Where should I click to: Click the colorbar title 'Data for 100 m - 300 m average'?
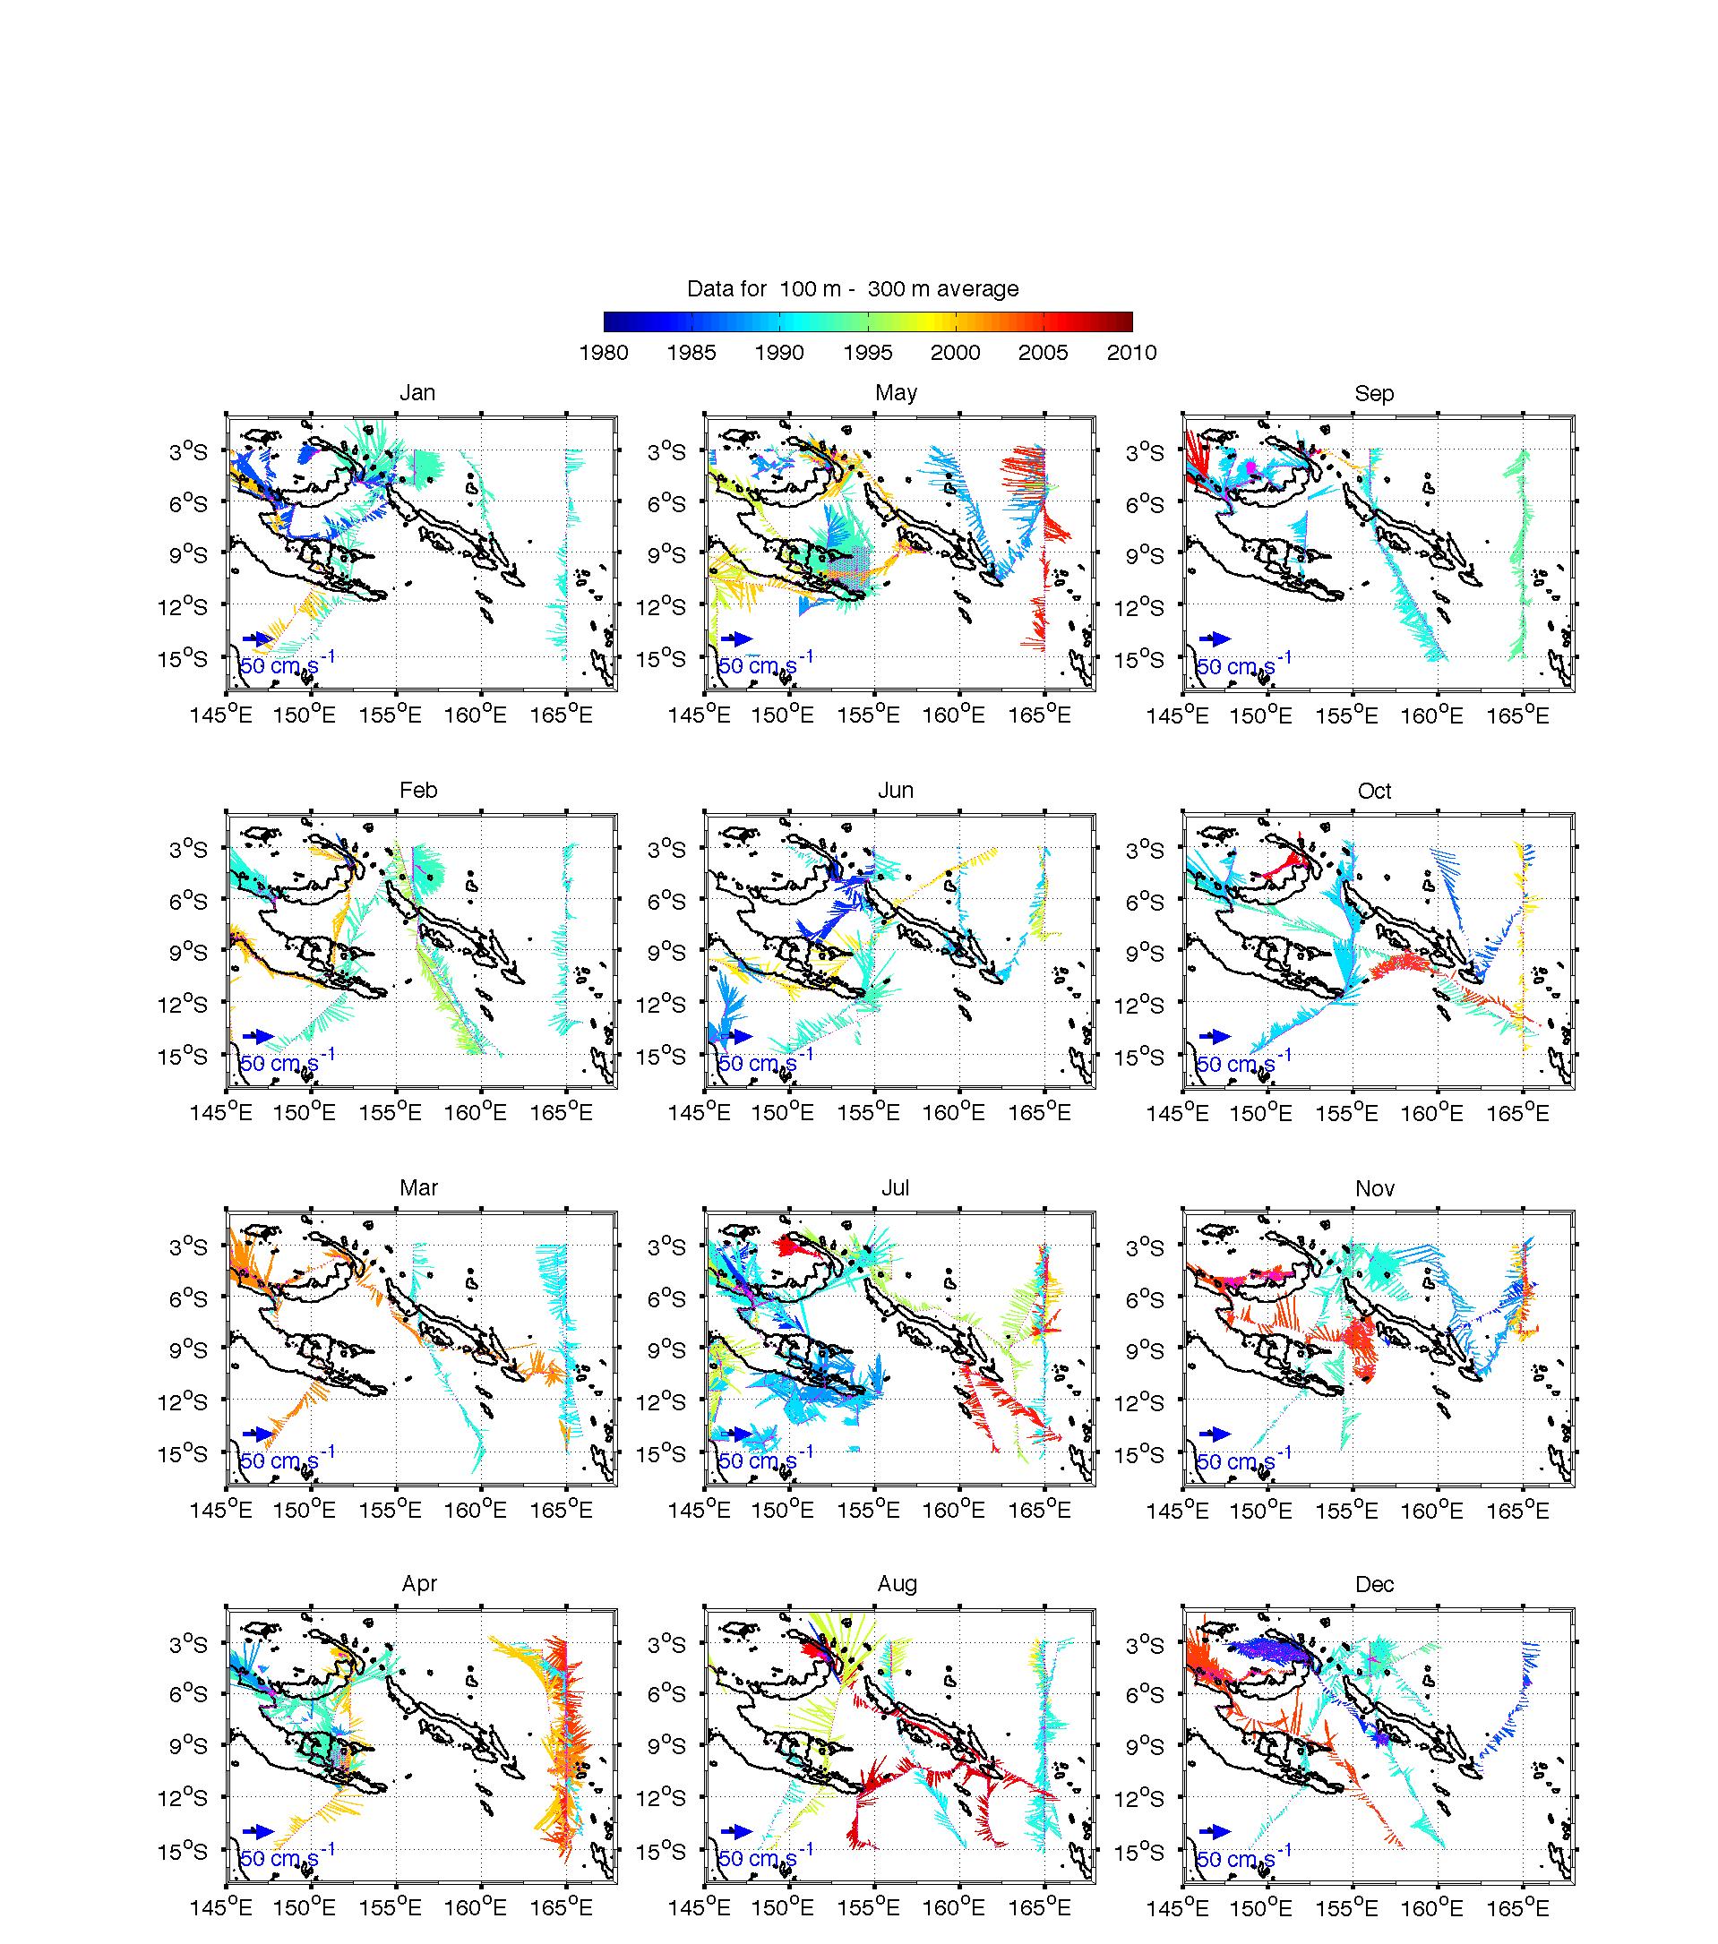pyautogui.click(x=853, y=289)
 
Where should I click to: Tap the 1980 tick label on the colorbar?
pyautogui.click(x=603, y=353)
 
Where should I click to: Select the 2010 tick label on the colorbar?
pyautogui.click(x=1131, y=353)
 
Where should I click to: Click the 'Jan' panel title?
pyautogui.click(x=417, y=393)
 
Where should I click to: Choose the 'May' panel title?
pyautogui.click(x=896, y=393)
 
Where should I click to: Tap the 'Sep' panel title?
pyautogui.click(x=1374, y=393)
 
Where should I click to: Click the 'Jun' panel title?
pyautogui.click(x=896, y=791)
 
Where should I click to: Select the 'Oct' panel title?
pyautogui.click(x=1374, y=791)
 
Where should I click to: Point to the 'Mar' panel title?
pyautogui.click(x=418, y=1188)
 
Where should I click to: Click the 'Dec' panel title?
pyautogui.click(x=1375, y=1583)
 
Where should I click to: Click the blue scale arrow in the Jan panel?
pyautogui.click(x=258, y=638)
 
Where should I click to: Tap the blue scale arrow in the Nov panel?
pyautogui.click(x=1214, y=1434)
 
